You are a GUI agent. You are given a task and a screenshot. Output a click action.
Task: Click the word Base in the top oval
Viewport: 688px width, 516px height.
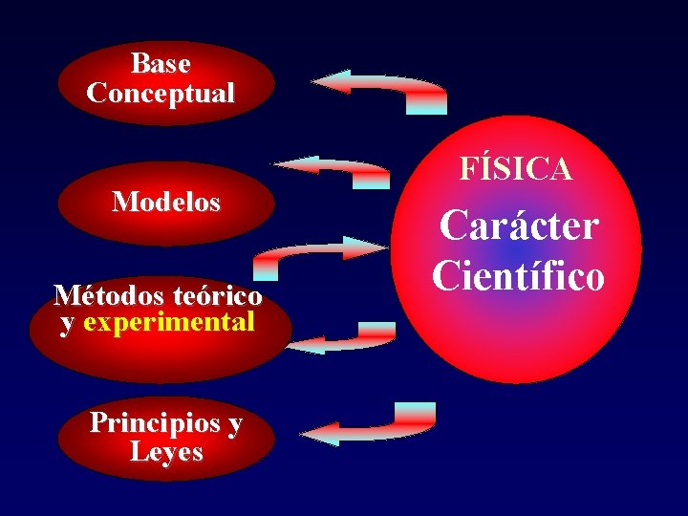click(x=161, y=64)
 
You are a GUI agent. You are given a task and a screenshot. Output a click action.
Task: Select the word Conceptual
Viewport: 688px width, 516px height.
click(x=161, y=94)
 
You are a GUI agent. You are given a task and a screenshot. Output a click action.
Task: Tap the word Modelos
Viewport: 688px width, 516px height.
click(x=165, y=203)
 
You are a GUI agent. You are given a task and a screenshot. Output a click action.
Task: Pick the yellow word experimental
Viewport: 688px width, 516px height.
click(x=169, y=322)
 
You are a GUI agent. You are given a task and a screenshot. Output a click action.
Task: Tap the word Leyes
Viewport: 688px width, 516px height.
click(x=166, y=451)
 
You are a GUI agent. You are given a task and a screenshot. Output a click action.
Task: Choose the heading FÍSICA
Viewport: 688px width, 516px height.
click(x=516, y=170)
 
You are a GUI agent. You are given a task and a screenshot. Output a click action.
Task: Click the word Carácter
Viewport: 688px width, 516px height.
click(x=519, y=227)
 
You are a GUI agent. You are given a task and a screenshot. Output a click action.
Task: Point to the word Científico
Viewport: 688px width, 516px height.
click(x=518, y=275)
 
